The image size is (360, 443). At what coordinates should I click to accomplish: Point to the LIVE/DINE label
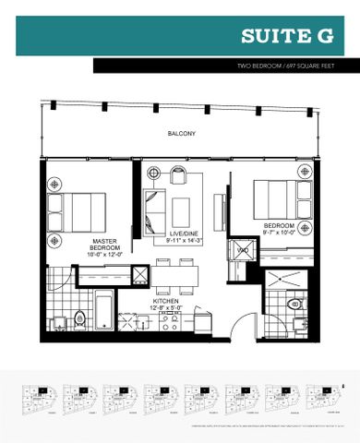click(x=183, y=237)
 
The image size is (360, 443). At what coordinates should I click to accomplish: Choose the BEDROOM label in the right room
click(x=279, y=224)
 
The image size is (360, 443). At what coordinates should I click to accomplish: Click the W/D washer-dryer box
click(x=243, y=247)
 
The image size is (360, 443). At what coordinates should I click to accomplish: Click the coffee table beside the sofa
click(x=183, y=205)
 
